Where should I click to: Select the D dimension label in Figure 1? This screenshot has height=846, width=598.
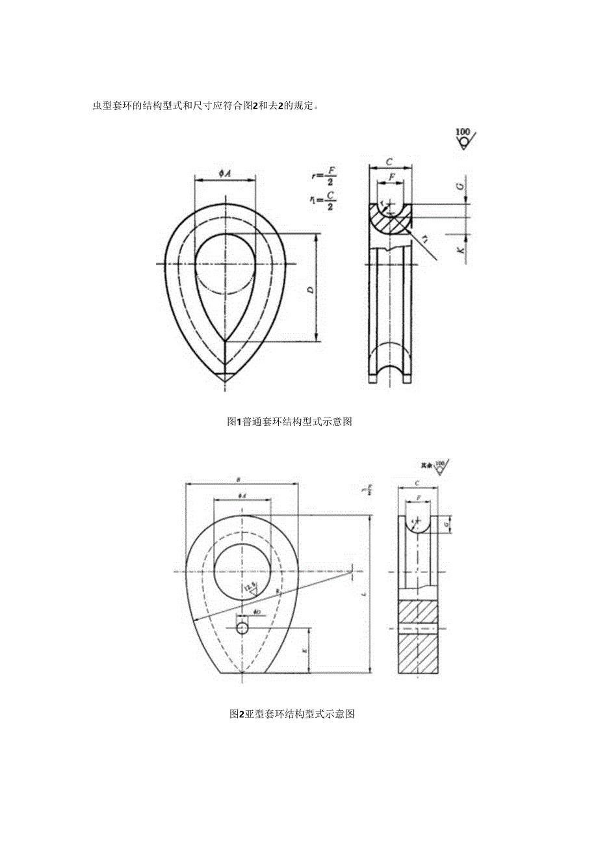[311, 289]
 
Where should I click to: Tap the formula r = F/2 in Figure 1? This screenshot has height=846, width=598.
[325, 176]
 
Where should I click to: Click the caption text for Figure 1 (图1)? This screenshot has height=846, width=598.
[289, 421]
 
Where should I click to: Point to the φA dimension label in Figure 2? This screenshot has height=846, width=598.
[241, 496]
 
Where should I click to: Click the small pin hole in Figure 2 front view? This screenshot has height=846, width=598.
[242, 628]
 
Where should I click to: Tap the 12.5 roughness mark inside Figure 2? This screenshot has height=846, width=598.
[250, 589]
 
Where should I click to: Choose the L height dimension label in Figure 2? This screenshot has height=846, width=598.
[363, 594]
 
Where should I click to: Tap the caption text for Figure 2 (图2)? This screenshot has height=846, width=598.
[292, 713]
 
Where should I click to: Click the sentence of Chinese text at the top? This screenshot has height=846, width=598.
[205, 106]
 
